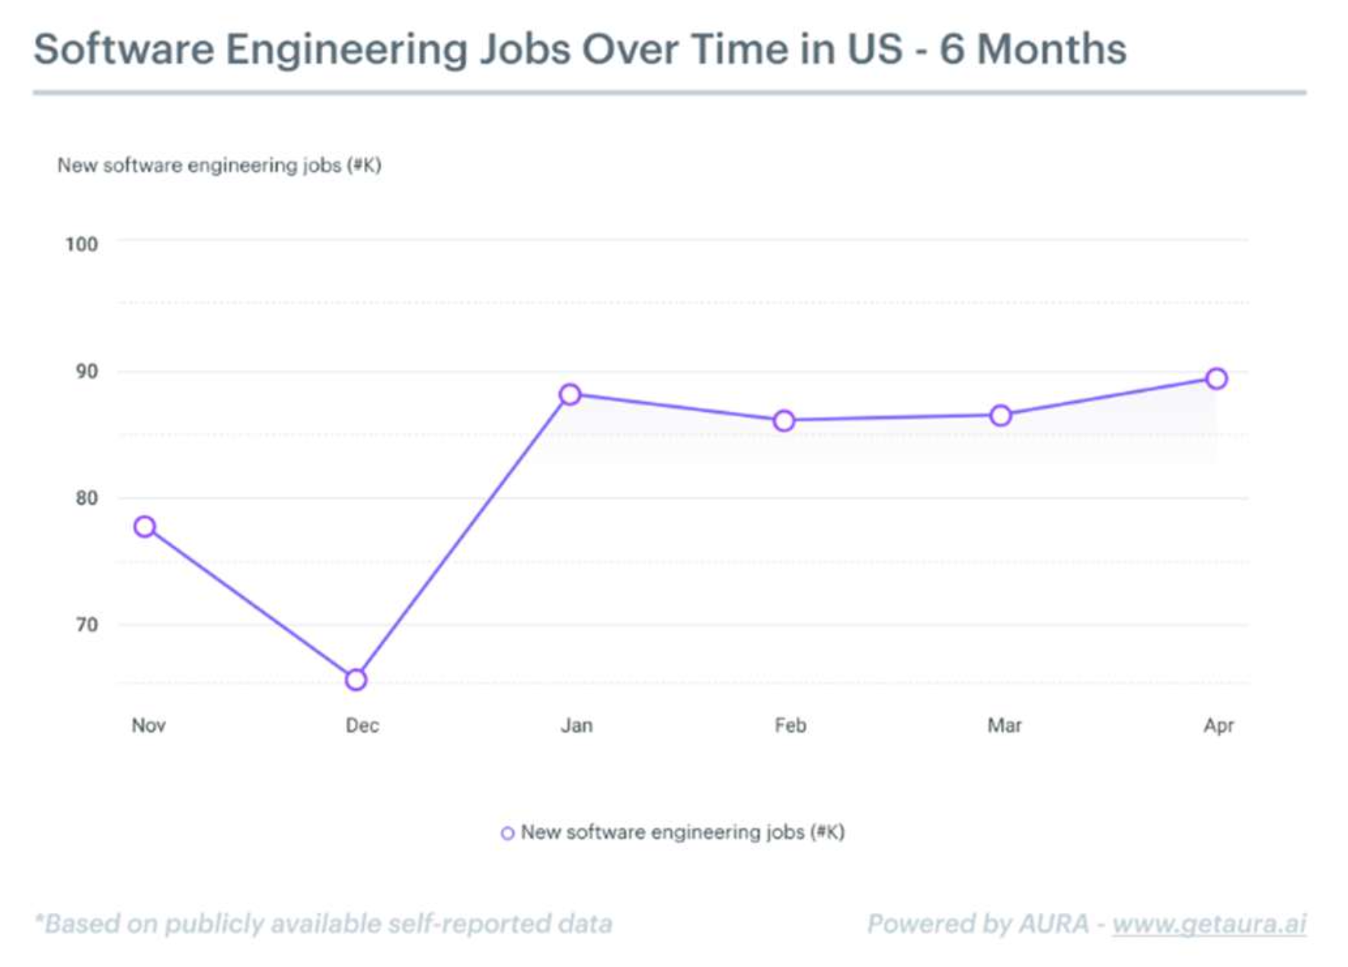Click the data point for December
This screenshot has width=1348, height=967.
(x=356, y=679)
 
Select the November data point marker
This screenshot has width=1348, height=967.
(x=145, y=526)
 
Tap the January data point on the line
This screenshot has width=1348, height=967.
(x=570, y=394)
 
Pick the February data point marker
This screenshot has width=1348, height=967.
(x=784, y=421)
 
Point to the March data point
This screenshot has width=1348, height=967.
(x=1001, y=416)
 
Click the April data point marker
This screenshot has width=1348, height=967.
(x=1216, y=378)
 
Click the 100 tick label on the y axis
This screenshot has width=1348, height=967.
(x=81, y=244)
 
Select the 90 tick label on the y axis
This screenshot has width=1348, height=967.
(x=86, y=372)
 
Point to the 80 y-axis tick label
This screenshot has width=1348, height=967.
(x=86, y=498)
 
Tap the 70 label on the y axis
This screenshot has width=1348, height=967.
(x=86, y=625)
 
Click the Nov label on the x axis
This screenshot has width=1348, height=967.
(x=149, y=725)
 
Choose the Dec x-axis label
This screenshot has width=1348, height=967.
(x=362, y=725)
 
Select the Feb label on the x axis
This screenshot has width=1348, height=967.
(x=790, y=725)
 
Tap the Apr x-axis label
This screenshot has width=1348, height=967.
(x=1219, y=725)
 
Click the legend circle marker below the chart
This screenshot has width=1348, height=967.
(x=507, y=833)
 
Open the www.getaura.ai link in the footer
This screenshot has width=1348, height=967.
(x=1209, y=924)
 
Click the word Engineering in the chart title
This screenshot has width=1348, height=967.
(x=347, y=50)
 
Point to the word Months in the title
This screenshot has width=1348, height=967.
(x=1052, y=49)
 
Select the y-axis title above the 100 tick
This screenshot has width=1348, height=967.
(x=219, y=165)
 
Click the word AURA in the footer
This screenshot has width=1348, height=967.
(x=1053, y=924)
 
